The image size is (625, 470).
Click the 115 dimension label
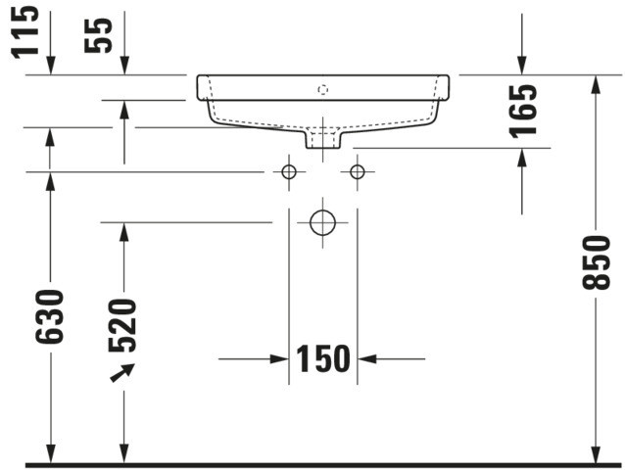pos(25,32)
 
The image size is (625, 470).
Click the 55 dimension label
pos(99,35)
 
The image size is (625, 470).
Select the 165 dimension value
pos(523,112)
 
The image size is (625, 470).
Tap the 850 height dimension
pos(597,262)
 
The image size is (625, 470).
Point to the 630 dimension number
pos(50,317)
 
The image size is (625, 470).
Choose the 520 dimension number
pos(122,326)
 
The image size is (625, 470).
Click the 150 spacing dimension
pos(323,359)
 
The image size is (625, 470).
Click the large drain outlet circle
pos(323,222)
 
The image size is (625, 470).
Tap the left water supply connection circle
pos(289,172)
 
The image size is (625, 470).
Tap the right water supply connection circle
pos(358,172)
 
